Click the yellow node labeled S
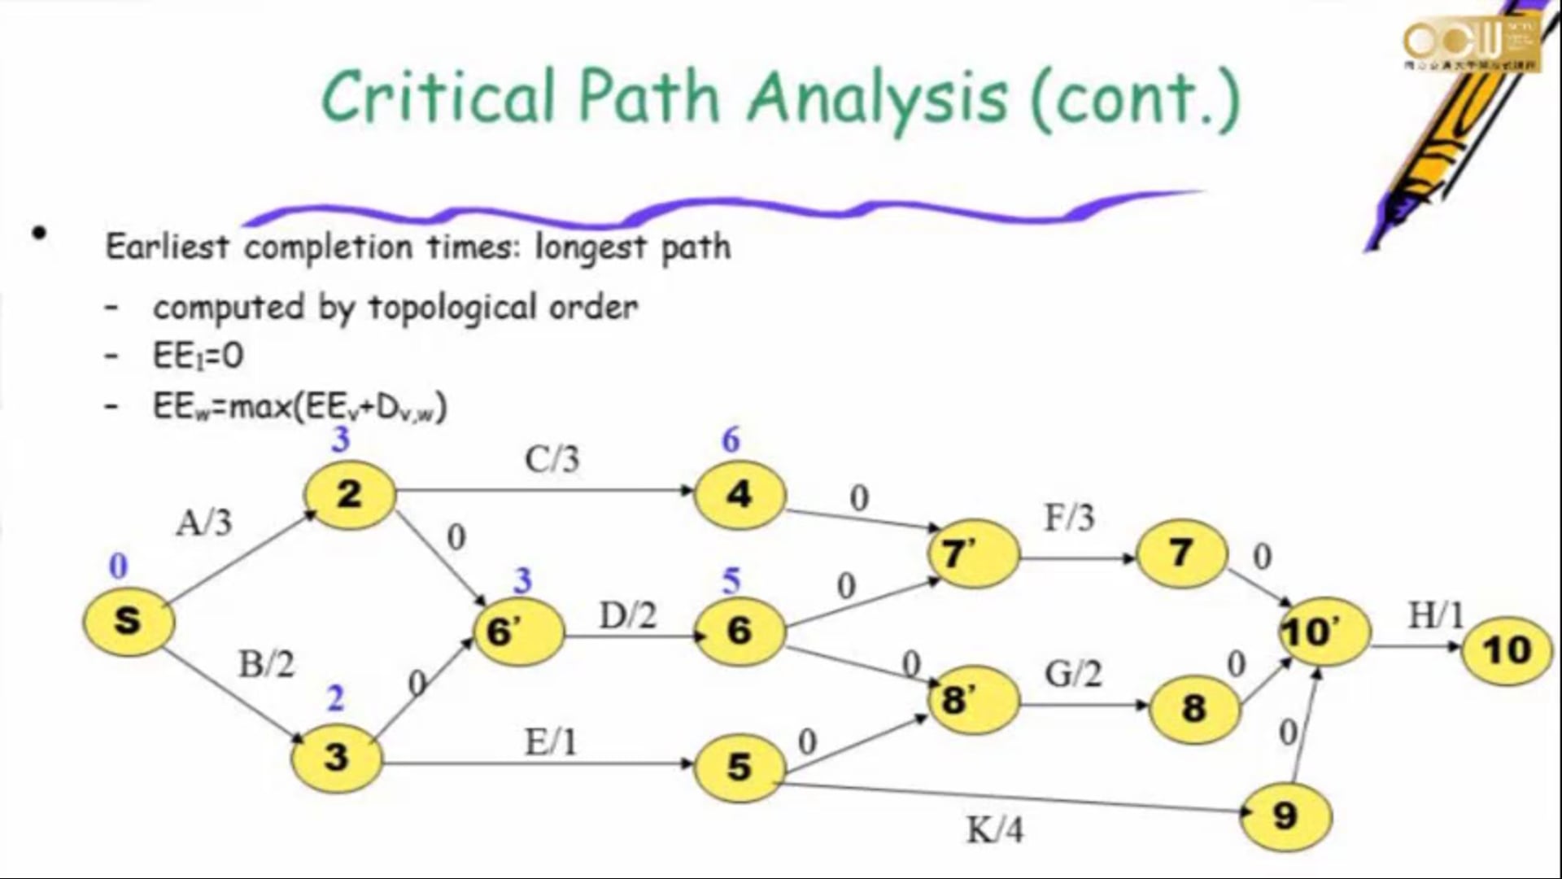pos(129,621)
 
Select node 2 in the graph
pos(350,494)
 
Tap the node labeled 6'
pos(518,632)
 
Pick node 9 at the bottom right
pos(1285,815)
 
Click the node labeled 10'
pos(1324,632)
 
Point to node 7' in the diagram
pos(973,554)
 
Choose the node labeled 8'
pos(973,700)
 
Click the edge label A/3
pos(203,522)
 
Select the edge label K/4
pos(994,830)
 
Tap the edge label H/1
pos(1435,616)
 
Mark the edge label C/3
pos(552,460)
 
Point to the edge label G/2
pos(1072,674)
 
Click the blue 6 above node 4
pos(731,440)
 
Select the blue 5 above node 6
pos(731,581)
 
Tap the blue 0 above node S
pos(118,566)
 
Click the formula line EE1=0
pos(198,356)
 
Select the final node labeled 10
pos(1506,649)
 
